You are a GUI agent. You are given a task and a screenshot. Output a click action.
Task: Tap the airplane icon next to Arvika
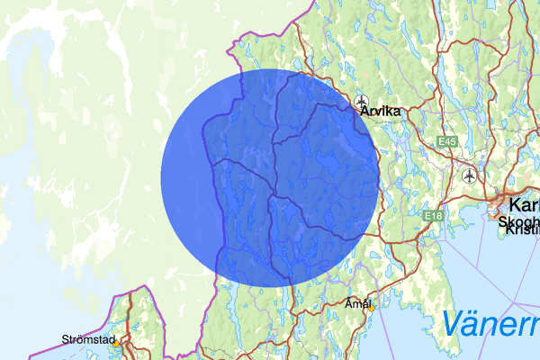tap(362, 101)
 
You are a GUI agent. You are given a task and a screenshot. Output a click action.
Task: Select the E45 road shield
tap(449, 142)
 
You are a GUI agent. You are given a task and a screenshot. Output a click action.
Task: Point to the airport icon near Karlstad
tap(468, 175)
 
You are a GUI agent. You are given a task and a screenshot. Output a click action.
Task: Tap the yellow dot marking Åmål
tap(370, 308)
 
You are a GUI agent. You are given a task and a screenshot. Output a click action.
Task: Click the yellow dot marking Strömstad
tap(115, 343)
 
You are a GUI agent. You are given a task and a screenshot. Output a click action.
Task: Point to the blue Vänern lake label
tap(490, 322)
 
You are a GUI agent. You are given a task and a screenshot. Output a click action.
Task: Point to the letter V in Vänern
tap(453, 322)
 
